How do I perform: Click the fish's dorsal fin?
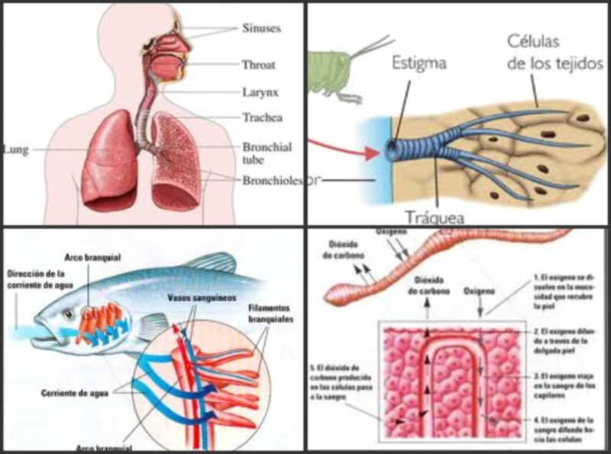point(206,263)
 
